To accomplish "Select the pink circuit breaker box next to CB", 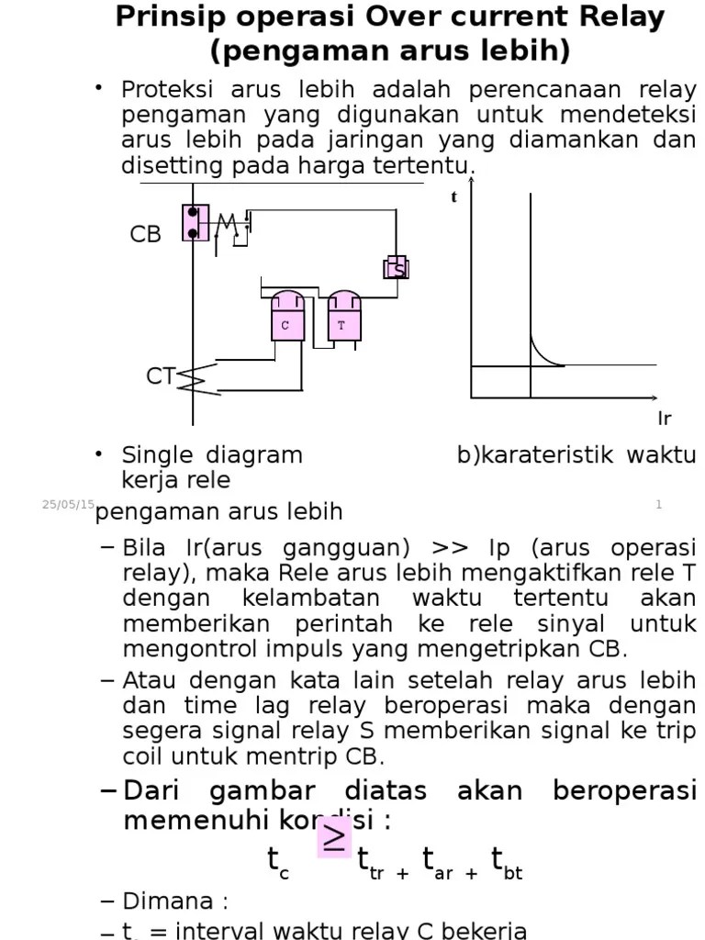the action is (x=195, y=222).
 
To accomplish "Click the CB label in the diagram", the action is (x=145, y=235).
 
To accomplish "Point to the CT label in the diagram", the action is (x=160, y=376).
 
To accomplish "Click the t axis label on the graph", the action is (x=453, y=197).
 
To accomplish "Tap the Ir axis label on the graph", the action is (x=665, y=420).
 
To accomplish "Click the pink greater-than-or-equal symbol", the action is (x=334, y=837).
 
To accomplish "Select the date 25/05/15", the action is (x=68, y=504).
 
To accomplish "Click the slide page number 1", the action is (x=659, y=504).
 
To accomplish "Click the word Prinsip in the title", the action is (x=168, y=17).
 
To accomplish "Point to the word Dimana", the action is (x=168, y=901).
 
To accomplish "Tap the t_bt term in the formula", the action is (x=507, y=864).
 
